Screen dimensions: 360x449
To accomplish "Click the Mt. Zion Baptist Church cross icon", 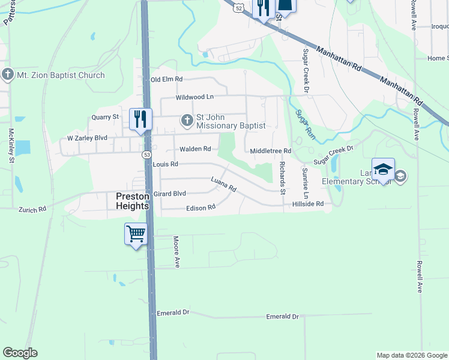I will pos(8,75).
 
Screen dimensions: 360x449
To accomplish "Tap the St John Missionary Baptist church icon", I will pos(187,121).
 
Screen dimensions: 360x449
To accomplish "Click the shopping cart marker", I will pos(136,233).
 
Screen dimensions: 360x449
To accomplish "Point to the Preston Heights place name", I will pos(132,201).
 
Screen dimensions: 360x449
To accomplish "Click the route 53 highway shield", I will pos(147,155).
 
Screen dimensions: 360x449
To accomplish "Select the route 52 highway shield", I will pos(240,8).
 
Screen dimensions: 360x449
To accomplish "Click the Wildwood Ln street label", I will pos(194,97).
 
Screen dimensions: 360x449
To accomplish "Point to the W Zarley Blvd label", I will pos(87,138).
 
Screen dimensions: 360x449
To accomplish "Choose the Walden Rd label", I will pos(195,149).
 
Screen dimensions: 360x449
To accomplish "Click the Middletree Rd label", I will pos(271,151).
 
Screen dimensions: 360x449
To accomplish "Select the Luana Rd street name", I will pos(223,184).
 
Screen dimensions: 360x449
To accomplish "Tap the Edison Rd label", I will pos(200,208).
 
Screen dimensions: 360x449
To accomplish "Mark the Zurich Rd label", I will pos(32,210).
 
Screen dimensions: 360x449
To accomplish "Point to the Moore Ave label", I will pos(176,251).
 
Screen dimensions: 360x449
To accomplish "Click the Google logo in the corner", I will pos(20,353).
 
